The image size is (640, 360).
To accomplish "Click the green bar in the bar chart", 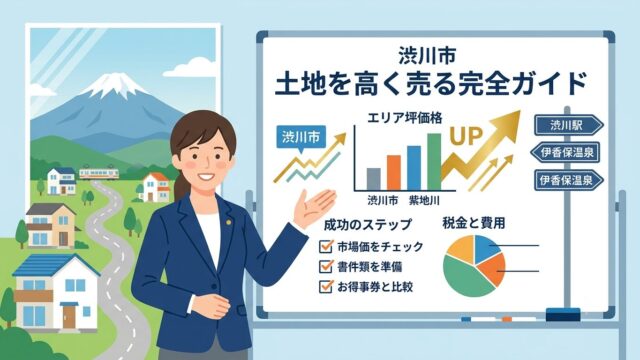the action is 434,162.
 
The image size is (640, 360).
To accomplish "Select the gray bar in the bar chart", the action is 373,179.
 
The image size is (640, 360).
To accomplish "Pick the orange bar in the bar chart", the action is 394,173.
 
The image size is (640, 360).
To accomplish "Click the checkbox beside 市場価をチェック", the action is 326,247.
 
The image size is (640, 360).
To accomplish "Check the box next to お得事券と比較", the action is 326,287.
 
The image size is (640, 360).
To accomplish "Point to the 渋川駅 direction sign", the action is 569,125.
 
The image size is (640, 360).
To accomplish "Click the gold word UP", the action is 466,136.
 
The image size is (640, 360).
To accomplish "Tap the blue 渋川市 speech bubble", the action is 301,138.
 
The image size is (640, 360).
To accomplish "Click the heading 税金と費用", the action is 473,223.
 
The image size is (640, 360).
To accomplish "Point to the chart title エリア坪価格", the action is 404,118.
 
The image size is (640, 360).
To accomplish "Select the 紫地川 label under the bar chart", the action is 424,200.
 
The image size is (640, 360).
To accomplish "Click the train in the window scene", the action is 99,173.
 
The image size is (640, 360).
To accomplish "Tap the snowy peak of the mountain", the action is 111,84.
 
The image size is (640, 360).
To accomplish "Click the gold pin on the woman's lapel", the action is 229,222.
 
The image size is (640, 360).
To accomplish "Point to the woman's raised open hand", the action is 313,208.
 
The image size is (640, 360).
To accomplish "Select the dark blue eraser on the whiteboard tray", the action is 563,315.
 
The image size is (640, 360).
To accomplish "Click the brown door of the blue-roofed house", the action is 69,316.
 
